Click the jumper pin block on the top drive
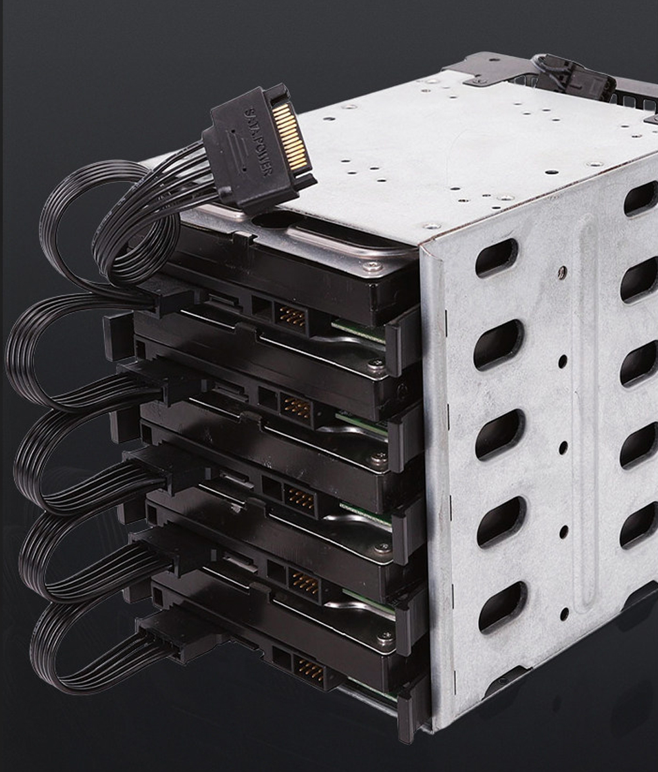tap(292, 316)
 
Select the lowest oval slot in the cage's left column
tap(502, 606)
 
